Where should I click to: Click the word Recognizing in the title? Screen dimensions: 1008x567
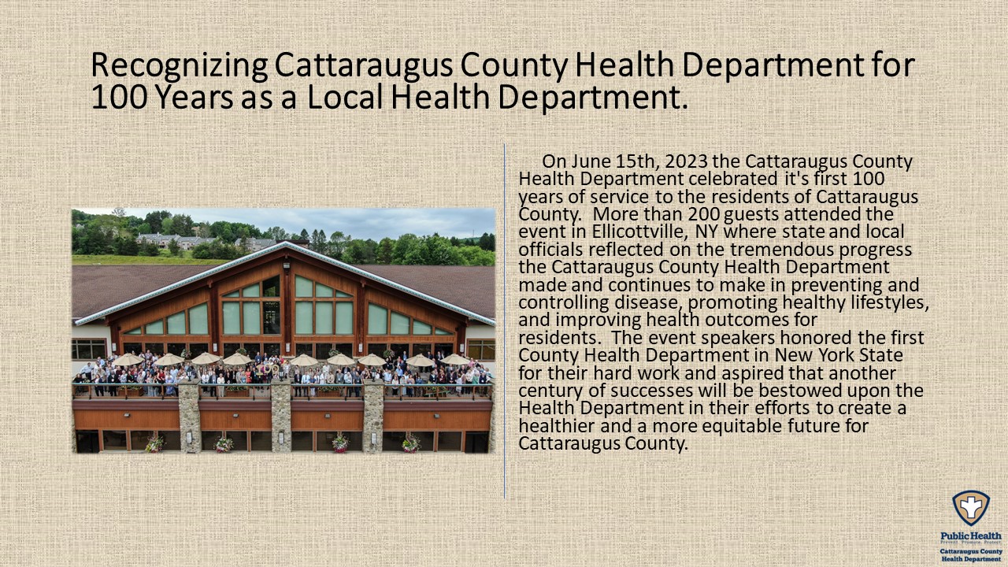[180, 65]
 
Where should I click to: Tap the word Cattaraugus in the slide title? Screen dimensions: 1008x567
[364, 65]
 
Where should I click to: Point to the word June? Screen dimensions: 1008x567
[591, 161]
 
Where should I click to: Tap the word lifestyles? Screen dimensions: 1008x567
[890, 302]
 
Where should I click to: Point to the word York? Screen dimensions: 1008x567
[836, 355]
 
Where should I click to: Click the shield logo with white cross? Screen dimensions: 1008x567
[971, 508]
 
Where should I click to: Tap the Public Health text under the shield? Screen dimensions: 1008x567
[971, 536]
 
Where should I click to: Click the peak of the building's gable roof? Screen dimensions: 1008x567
[286, 243]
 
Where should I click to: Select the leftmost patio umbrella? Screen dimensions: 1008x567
[128, 359]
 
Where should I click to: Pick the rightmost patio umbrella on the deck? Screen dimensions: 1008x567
[455, 359]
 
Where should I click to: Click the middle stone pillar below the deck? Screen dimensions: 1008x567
[281, 417]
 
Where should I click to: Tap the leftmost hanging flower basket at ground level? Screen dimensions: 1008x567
[154, 444]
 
